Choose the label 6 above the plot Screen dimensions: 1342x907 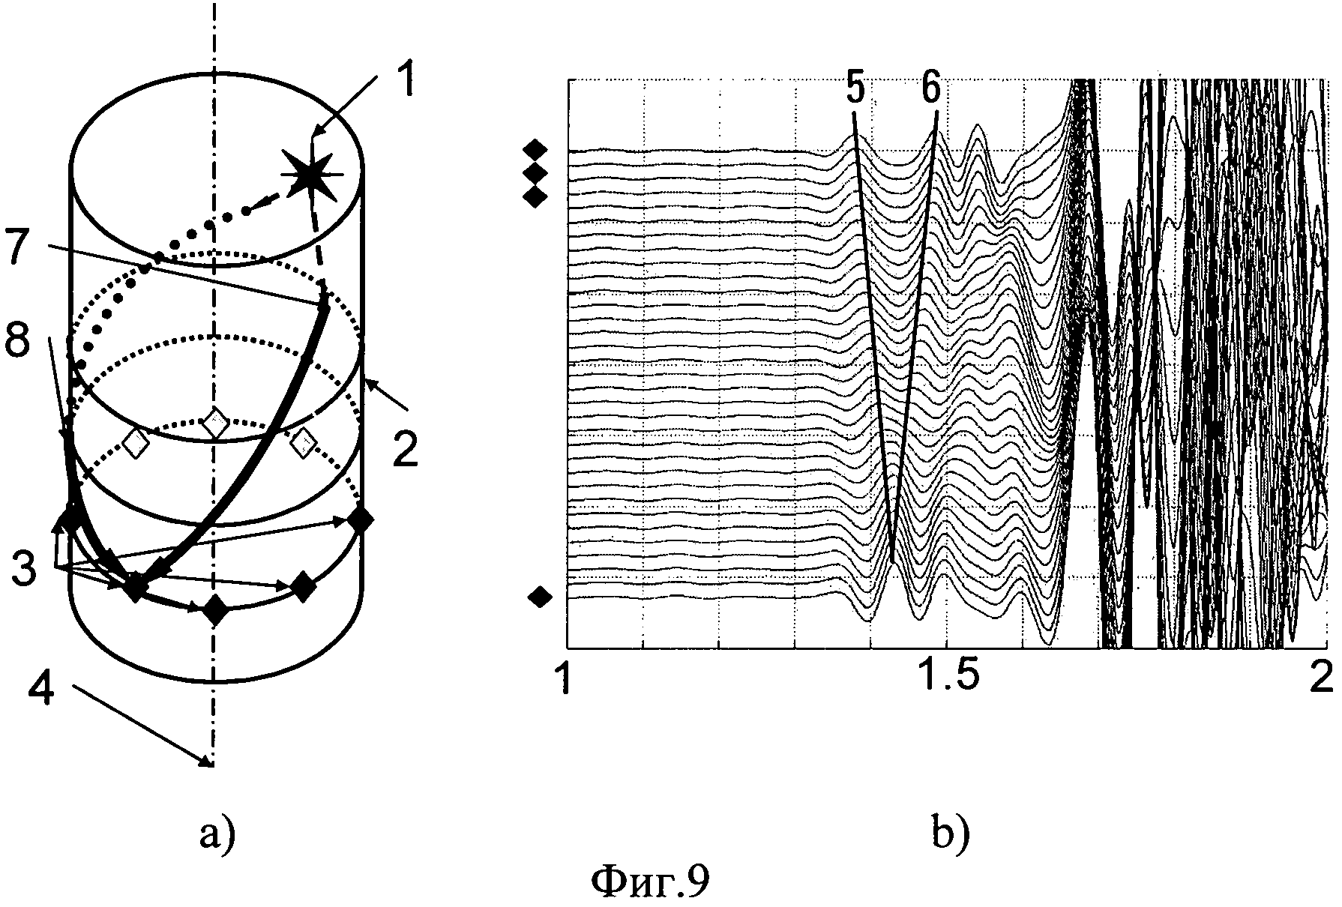[x=930, y=90]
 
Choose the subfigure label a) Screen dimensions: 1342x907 [x=217, y=833]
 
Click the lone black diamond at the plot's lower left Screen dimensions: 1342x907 [x=540, y=597]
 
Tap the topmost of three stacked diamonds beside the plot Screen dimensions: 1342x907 [x=535, y=148]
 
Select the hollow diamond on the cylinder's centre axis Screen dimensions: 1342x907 [x=215, y=424]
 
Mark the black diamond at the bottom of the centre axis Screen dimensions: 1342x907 [x=216, y=609]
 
